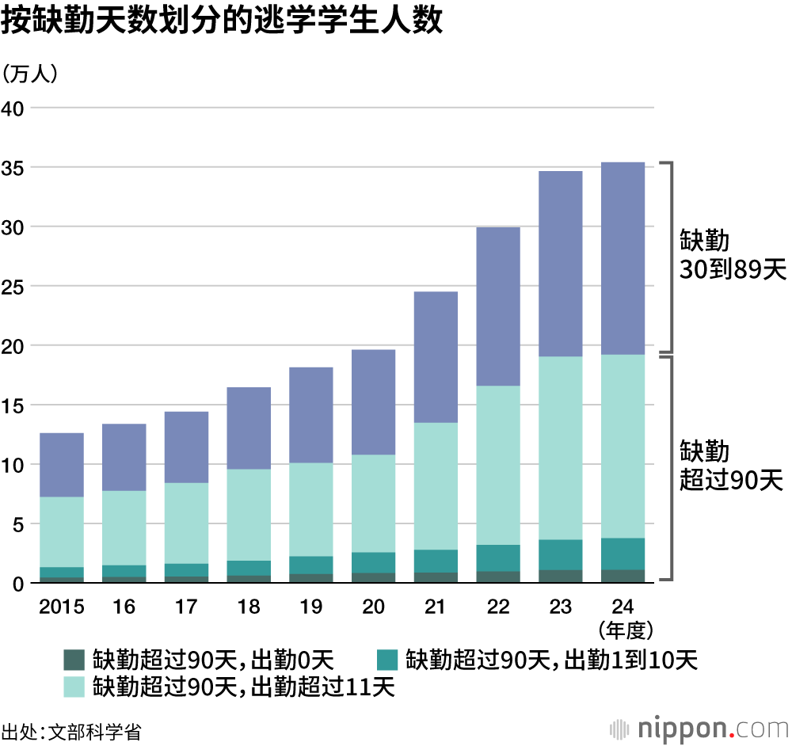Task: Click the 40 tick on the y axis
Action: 16,108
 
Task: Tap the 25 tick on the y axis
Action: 16,286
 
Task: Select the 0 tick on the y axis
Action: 21,583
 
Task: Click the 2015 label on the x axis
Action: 62,607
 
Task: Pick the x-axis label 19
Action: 310,607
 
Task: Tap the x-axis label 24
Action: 623,607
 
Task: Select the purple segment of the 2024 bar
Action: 623,258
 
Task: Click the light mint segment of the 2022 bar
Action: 498,465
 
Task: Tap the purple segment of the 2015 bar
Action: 62,465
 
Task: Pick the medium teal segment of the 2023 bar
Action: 560,554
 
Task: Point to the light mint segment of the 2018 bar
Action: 249,515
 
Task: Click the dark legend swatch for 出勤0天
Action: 74,659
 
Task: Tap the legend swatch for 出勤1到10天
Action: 386,659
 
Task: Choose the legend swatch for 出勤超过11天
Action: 74,686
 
